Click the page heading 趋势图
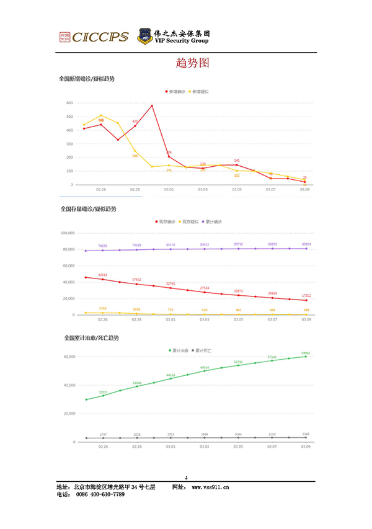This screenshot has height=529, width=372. coord(186,64)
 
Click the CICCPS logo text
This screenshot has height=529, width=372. coord(100,37)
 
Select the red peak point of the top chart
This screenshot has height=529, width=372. coord(152,105)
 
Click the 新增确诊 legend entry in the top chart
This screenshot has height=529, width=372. coord(176,91)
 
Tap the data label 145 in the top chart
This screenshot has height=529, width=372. coord(236,160)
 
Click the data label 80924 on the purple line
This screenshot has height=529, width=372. coord(305,244)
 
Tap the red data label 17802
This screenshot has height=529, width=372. coord(305,295)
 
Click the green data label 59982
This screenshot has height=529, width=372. coord(305,352)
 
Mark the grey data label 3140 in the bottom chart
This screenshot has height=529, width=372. coord(305,433)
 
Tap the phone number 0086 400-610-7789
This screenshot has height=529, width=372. coord(104,494)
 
